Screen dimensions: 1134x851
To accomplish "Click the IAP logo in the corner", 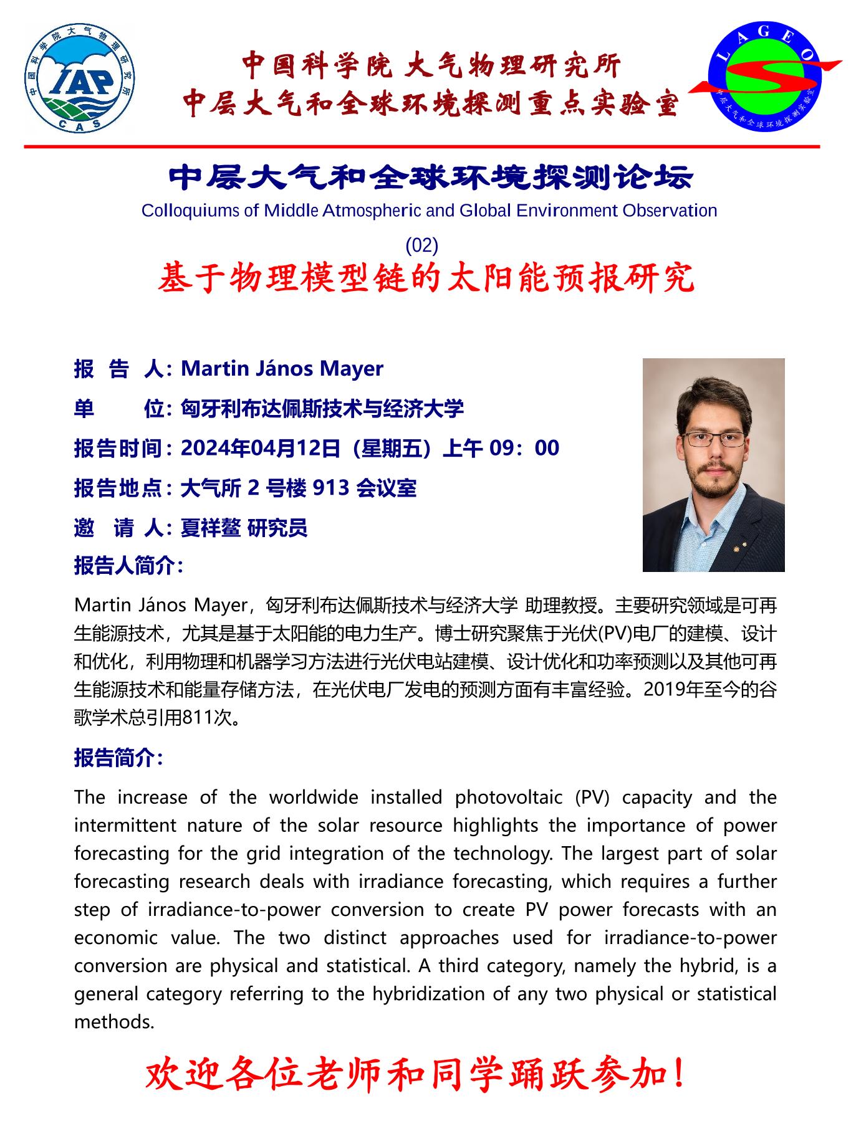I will click(80, 79).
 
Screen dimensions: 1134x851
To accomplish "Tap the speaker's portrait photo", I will click(713, 465).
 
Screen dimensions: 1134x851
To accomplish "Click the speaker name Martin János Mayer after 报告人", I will click(282, 369).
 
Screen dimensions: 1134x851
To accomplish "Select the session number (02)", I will click(422, 245).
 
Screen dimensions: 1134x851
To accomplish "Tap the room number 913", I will click(330, 488).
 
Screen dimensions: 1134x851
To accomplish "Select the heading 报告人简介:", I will click(128, 566).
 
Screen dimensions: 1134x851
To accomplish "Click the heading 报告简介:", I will click(118, 758).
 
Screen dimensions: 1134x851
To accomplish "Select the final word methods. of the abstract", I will click(114, 1022).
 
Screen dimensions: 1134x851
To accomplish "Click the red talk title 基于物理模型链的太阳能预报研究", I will click(426, 278).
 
